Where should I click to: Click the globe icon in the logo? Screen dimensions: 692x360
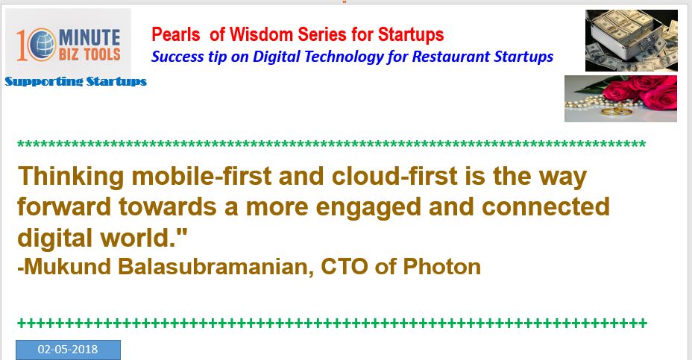pyautogui.click(x=43, y=45)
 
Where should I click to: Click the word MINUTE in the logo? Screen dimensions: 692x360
pyautogui.click(x=89, y=37)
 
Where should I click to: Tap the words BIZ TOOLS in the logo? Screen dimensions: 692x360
pyautogui.click(x=89, y=54)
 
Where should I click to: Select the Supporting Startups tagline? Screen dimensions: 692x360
pyautogui.click(x=75, y=81)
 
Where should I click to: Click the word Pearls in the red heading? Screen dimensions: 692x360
pyautogui.click(x=176, y=34)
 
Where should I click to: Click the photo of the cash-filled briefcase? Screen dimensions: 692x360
pyautogui.click(x=632, y=40)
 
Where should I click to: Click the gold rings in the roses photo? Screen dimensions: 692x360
pyautogui.click(x=617, y=111)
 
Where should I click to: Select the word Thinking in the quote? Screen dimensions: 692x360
pyautogui.click(x=71, y=176)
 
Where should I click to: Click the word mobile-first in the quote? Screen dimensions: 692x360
pyautogui.click(x=201, y=176)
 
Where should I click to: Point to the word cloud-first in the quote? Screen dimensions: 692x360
pyautogui.click(x=394, y=176)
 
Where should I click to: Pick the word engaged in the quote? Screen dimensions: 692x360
pyautogui.click(x=368, y=207)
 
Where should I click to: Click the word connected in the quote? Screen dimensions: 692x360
pyautogui.click(x=546, y=206)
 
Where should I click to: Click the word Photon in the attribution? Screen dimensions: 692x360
pyautogui.click(x=441, y=267)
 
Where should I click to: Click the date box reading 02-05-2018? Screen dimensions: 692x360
pyautogui.click(x=68, y=350)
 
